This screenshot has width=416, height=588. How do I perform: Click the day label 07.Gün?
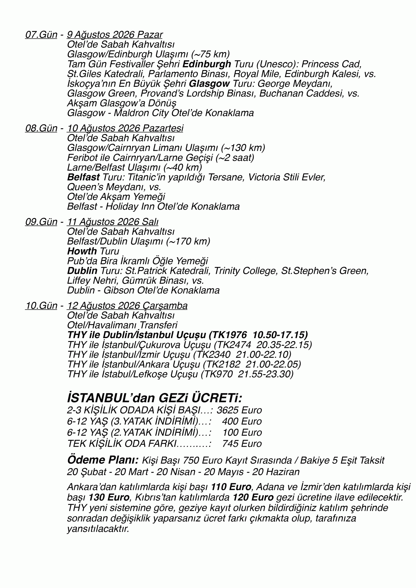(41, 35)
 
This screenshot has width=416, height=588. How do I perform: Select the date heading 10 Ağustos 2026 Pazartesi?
(125, 128)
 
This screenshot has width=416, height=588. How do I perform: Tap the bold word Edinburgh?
(207, 64)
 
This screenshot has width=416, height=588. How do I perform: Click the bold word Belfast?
(83, 177)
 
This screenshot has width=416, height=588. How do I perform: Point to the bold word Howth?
(82, 251)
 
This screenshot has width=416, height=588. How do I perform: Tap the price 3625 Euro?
(239, 410)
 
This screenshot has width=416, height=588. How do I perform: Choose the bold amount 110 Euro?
(231, 486)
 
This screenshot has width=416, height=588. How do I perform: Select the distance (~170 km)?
(188, 241)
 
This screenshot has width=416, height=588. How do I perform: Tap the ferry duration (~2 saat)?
(234, 158)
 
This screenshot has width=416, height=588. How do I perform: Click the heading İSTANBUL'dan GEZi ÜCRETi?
(154, 398)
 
